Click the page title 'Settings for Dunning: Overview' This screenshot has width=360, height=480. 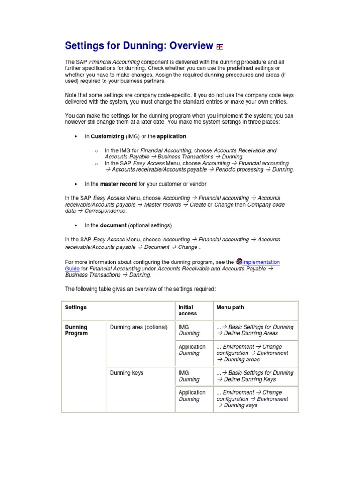139,46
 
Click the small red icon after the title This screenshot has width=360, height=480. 220,46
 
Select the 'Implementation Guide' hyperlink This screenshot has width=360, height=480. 261,262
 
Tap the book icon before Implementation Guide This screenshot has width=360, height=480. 238,262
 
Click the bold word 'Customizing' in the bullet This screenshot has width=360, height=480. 107,136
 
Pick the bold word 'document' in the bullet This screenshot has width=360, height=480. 113,225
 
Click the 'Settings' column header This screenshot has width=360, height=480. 76,307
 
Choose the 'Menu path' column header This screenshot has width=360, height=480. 230,307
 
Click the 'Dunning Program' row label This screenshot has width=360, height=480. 76,330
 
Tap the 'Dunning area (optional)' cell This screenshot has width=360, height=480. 139,327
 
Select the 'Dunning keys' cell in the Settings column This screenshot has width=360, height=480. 127,373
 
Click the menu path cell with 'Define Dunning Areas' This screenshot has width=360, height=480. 255,330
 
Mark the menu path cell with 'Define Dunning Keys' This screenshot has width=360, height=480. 255,376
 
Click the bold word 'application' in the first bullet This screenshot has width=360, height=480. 172,136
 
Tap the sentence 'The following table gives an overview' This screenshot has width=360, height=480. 140,289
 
